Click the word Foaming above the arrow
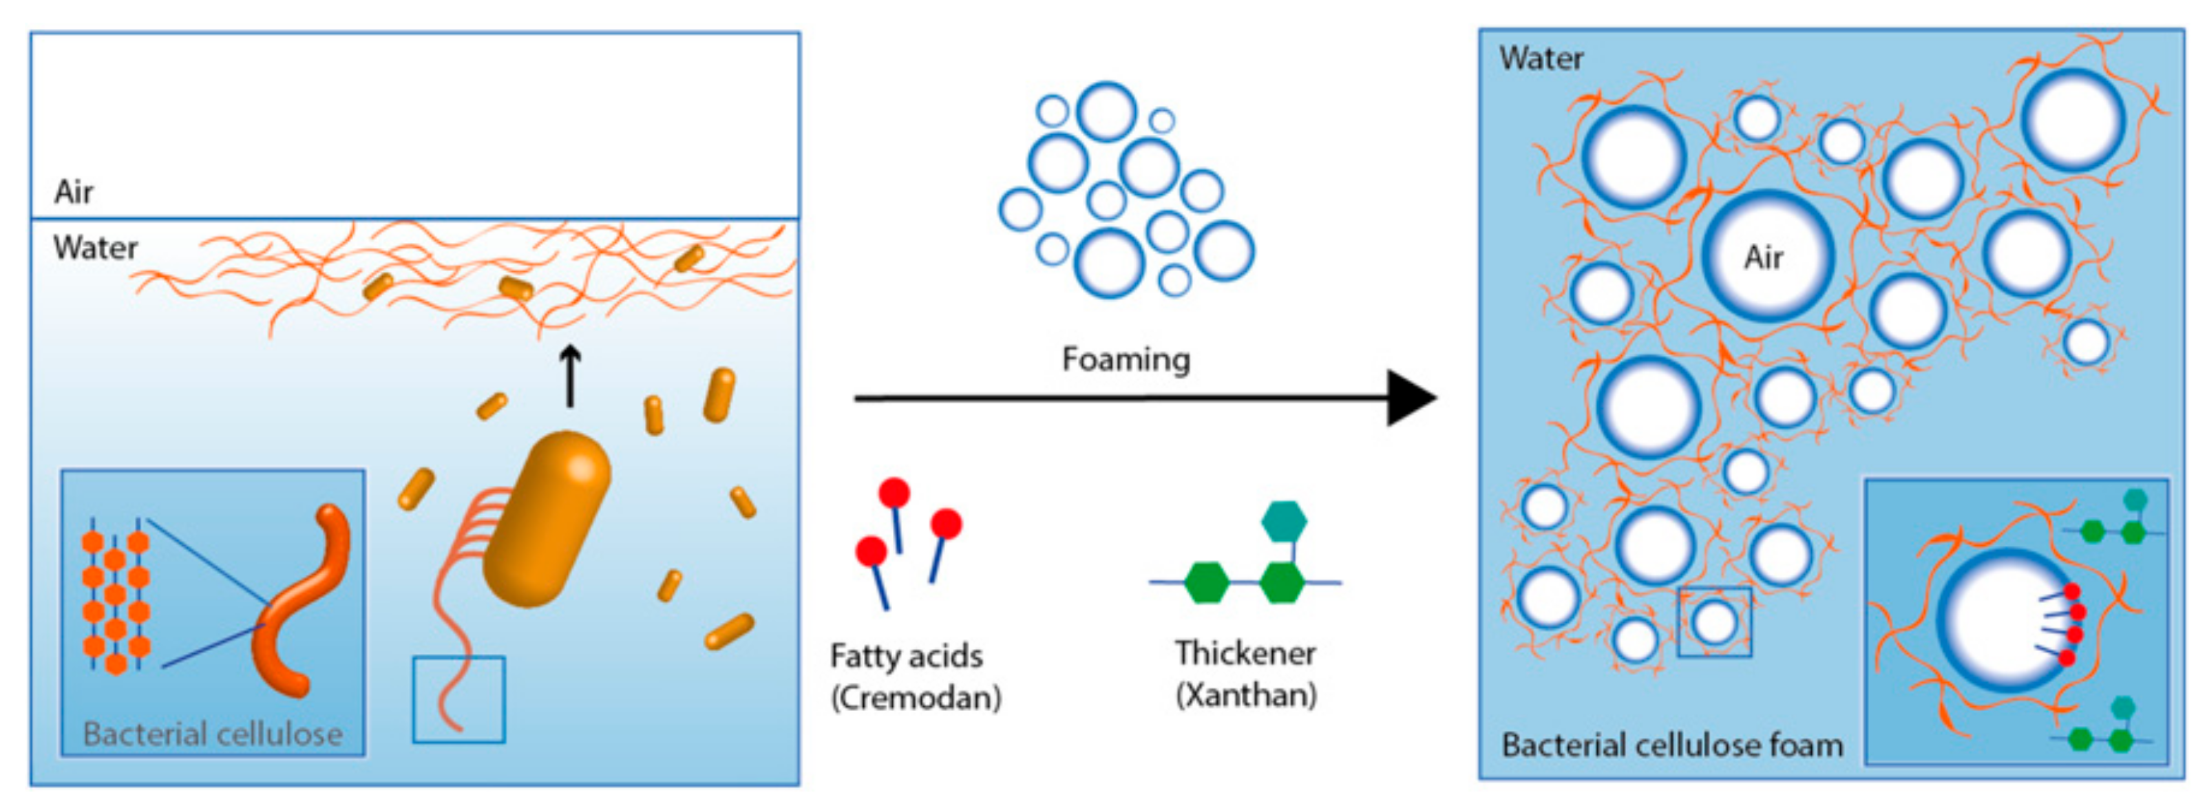1126,359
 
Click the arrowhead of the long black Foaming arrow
1409,397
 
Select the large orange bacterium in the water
549,519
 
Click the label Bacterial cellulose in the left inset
213,734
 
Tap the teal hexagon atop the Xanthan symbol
1283,521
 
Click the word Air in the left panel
73,192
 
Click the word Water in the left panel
95,248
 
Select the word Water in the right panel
1541,59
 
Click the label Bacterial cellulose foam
1671,744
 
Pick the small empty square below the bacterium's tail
458,699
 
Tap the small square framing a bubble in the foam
1714,622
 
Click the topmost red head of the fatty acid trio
894,494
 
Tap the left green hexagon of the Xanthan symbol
1206,582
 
